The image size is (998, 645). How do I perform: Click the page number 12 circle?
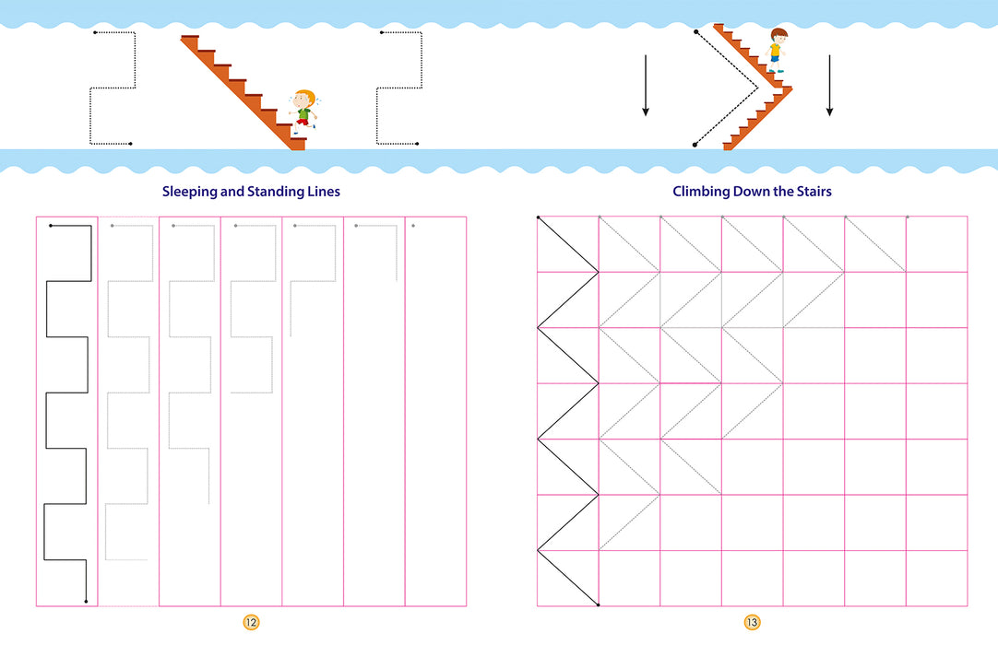251,623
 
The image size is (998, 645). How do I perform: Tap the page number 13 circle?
752,623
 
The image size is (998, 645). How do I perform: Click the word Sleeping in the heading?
189,192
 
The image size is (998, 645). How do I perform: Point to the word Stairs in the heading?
814,192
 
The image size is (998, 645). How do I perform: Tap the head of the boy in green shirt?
303,100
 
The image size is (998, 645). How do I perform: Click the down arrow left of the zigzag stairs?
646,86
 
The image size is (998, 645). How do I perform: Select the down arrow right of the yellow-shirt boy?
829,86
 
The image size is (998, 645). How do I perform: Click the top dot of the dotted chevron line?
696,32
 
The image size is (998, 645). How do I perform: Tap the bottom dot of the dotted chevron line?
695,145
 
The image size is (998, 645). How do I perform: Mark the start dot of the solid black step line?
51,225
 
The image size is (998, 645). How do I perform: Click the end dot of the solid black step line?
86,601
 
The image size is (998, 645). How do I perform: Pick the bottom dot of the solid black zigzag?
599,605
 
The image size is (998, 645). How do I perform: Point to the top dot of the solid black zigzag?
538,217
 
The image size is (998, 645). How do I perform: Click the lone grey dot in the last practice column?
414,226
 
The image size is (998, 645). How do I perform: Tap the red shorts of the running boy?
303,122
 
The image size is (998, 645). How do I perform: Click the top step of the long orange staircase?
190,38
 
